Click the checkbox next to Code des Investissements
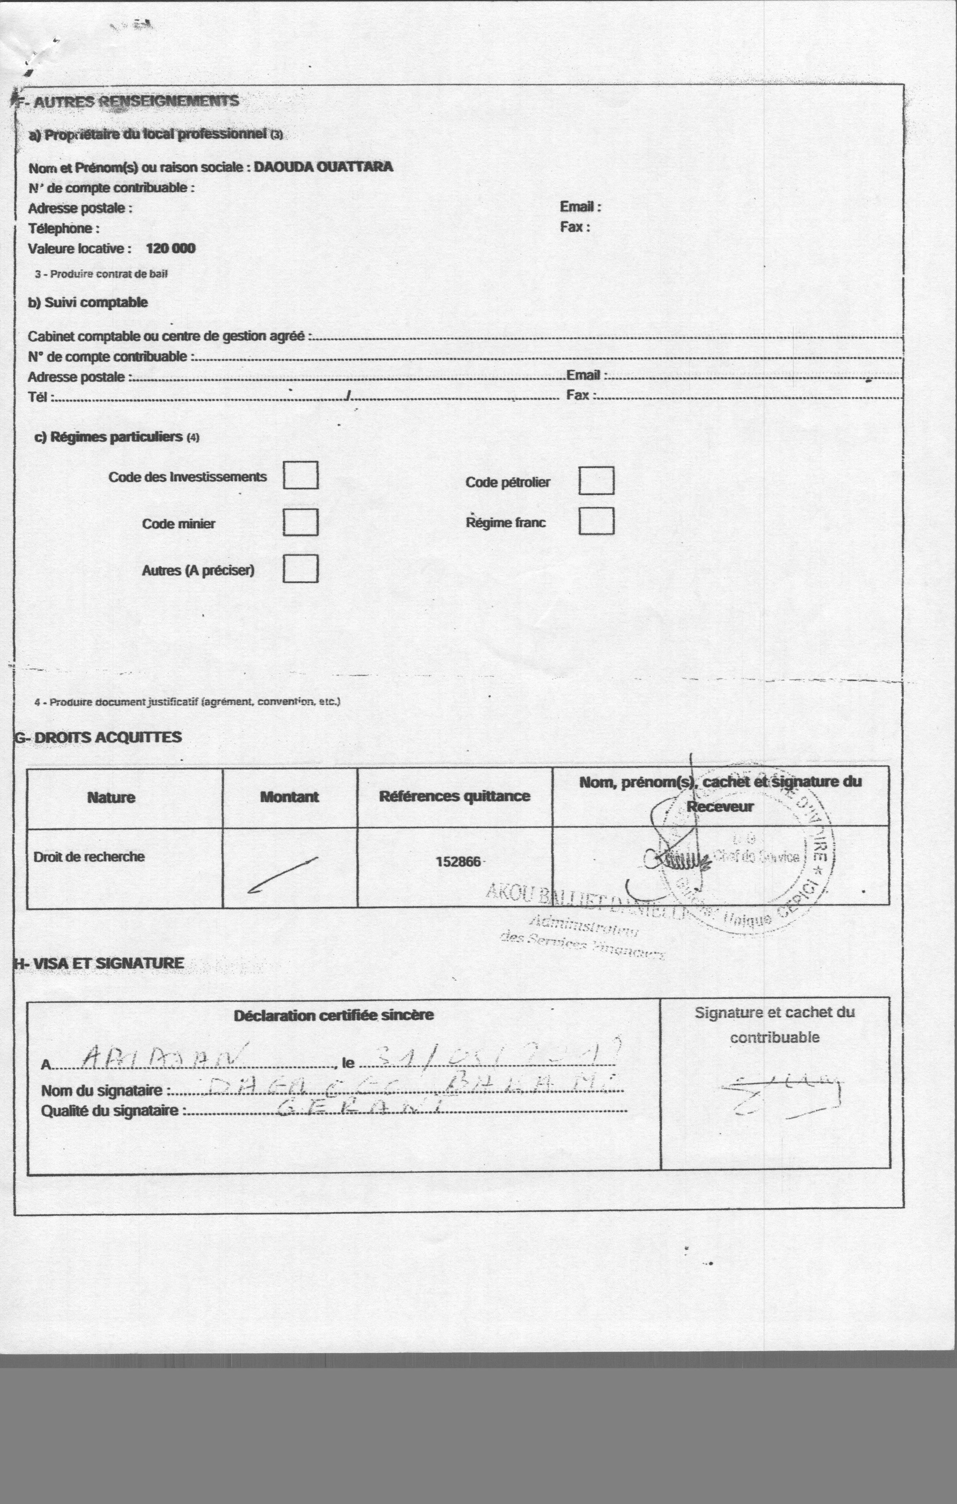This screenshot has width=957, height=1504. [x=301, y=475]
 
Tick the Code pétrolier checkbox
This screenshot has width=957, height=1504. [x=596, y=480]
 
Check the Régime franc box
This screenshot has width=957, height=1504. [x=596, y=521]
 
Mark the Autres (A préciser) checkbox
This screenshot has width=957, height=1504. [x=301, y=568]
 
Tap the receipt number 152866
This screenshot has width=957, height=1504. [x=458, y=862]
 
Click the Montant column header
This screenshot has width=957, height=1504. [x=289, y=797]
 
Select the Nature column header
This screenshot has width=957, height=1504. [x=111, y=798]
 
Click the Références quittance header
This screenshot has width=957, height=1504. [x=454, y=796]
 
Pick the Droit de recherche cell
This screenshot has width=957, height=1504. [x=89, y=857]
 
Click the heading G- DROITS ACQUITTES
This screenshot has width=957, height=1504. [x=98, y=737]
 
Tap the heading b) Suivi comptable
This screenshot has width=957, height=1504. [x=88, y=302]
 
